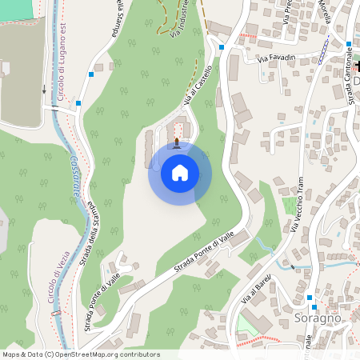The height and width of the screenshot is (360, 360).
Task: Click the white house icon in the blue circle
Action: [180, 172]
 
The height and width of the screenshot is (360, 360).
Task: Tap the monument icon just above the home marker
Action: [177, 142]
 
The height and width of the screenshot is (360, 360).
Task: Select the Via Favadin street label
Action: [276, 58]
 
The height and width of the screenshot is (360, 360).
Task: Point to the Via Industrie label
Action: [180, 18]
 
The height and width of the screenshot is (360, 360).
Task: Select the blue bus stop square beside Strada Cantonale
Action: [350, 44]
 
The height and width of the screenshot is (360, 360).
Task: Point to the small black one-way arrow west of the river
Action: [43, 90]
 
